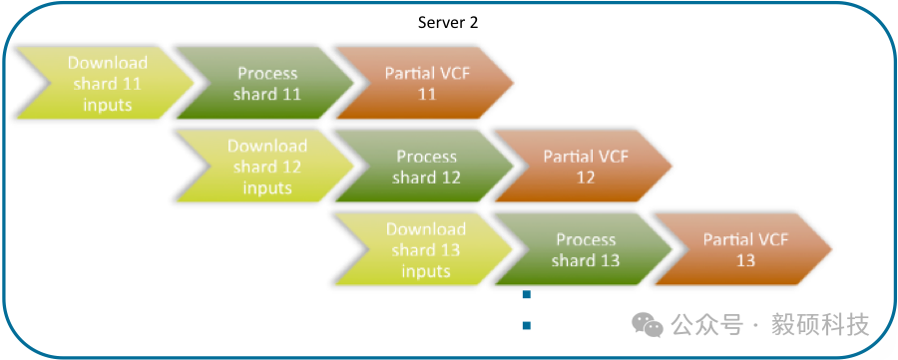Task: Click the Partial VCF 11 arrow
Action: (x=424, y=84)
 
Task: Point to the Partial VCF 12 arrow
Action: (x=583, y=167)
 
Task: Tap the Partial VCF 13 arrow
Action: (x=742, y=249)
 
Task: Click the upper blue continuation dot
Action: (x=527, y=295)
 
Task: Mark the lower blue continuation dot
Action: (x=527, y=326)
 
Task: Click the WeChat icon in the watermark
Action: (x=648, y=324)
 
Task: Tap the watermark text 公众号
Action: (x=707, y=324)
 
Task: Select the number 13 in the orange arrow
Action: (x=746, y=260)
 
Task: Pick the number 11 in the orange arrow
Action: (x=427, y=94)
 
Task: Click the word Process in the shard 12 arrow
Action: (x=427, y=157)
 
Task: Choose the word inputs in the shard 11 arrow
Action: (x=108, y=105)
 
